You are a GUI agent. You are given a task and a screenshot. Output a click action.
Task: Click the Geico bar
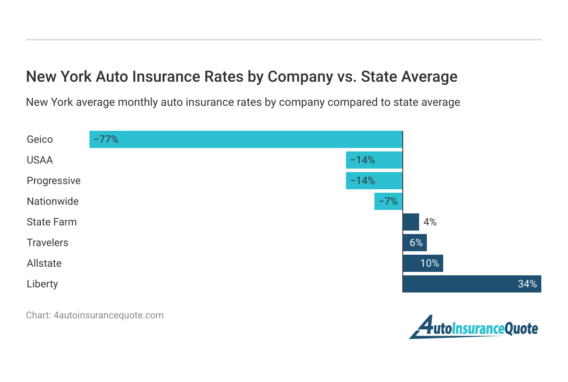click(x=246, y=139)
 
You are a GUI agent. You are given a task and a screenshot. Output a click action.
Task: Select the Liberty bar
click(x=472, y=284)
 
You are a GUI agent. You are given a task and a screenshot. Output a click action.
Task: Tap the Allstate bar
click(x=423, y=263)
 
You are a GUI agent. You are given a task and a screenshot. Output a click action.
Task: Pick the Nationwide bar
click(x=388, y=201)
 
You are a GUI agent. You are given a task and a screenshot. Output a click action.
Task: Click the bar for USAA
click(x=374, y=160)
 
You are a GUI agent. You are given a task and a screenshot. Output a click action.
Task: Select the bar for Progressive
click(x=374, y=181)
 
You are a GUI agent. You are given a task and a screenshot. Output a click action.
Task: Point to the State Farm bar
click(x=411, y=222)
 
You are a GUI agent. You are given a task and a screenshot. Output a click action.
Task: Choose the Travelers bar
click(x=414, y=243)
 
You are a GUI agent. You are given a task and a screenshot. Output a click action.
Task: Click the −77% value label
click(x=106, y=139)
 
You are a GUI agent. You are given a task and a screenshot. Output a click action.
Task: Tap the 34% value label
click(x=527, y=284)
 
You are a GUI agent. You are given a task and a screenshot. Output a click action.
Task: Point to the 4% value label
click(x=429, y=222)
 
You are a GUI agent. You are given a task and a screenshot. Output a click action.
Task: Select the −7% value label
click(x=388, y=201)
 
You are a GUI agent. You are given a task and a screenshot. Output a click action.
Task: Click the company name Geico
click(x=40, y=139)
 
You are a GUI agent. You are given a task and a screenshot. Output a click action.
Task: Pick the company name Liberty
click(x=42, y=284)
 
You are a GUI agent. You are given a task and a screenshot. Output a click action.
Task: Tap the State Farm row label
click(x=52, y=222)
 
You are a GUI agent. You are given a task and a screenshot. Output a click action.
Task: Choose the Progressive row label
click(x=53, y=181)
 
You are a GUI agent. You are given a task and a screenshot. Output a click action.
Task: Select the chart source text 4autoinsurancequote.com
click(x=108, y=315)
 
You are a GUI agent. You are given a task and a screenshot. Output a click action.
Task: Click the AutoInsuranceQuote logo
click(x=473, y=328)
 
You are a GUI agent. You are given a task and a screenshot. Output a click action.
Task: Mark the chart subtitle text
click(x=243, y=102)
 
